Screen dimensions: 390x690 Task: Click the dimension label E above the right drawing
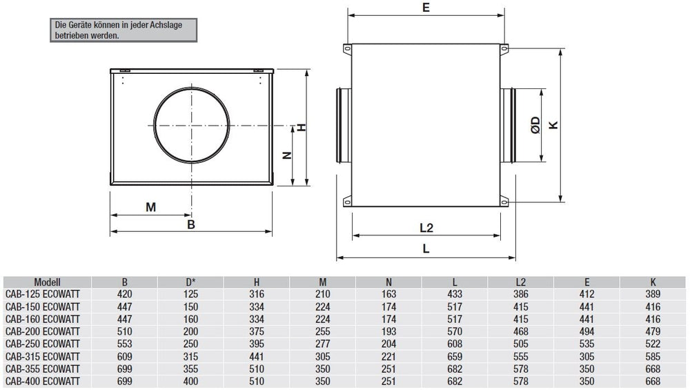coord(426,8)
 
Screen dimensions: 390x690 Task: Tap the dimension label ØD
coord(535,126)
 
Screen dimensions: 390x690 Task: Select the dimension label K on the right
coord(552,125)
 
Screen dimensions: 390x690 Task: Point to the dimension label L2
coord(426,228)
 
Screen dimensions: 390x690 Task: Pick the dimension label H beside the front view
coord(302,128)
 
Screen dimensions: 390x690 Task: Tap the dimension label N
coord(288,155)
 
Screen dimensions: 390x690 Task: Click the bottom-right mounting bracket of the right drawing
coord(504,202)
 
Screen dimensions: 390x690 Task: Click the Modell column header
coord(48,282)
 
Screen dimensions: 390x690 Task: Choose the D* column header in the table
coord(190,282)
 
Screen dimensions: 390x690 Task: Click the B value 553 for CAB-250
coord(124,344)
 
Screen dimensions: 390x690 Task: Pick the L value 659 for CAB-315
coord(455,356)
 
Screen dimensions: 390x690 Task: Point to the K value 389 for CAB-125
coord(652,293)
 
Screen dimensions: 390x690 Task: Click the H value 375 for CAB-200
coord(257,331)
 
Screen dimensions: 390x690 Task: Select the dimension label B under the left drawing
coord(192,224)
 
